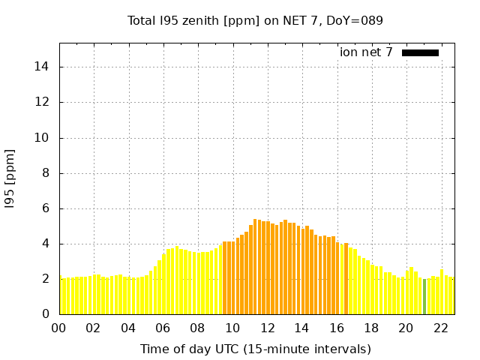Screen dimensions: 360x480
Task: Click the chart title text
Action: [x=255, y=21]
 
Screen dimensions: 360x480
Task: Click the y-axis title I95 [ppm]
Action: [x=10, y=178]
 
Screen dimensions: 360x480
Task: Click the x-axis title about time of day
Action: [x=255, y=349]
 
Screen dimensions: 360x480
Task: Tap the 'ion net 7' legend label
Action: [x=366, y=52]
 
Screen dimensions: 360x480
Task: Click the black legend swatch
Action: [x=420, y=52]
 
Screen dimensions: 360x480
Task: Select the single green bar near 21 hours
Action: [x=424, y=296]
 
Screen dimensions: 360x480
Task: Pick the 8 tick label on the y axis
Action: [x=46, y=173]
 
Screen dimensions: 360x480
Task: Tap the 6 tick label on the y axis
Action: [x=46, y=208]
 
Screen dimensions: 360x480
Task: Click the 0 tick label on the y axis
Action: [x=46, y=314]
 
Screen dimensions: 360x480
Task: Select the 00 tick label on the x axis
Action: [x=59, y=328]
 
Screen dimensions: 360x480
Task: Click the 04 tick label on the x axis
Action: [x=128, y=328]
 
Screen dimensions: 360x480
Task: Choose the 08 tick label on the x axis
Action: [x=198, y=328]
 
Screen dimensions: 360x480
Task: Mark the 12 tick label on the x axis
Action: [x=267, y=328]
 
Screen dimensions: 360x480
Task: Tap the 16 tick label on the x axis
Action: [x=337, y=328]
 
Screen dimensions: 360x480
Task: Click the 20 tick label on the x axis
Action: [x=406, y=328]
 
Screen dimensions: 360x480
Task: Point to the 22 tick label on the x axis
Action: [x=440, y=328]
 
